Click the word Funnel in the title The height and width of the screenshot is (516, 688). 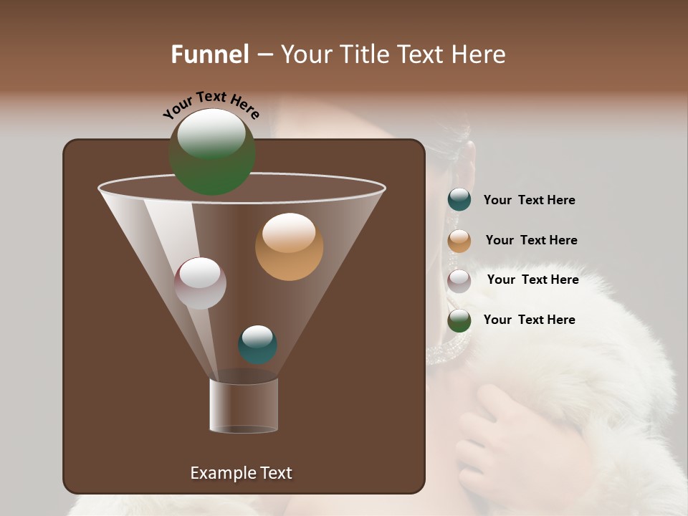tap(210, 54)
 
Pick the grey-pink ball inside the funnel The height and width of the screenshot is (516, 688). tap(200, 284)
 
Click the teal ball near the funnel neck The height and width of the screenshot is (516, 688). tap(257, 345)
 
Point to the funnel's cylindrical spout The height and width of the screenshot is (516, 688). tap(244, 406)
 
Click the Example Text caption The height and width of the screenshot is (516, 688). tap(241, 473)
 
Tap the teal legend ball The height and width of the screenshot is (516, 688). tap(459, 200)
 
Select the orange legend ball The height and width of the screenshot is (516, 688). tap(459, 241)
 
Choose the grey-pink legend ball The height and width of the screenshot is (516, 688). tap(459, 281)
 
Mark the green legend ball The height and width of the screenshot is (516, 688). tap(459, 320)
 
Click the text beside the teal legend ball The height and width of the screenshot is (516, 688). tap(529, 201)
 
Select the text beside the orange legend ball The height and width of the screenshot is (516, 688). tap(531, 241)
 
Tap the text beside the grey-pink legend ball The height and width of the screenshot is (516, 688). tap(532, 280)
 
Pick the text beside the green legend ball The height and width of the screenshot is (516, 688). tap(529, 320)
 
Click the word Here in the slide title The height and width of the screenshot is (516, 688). tap(479, 54)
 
